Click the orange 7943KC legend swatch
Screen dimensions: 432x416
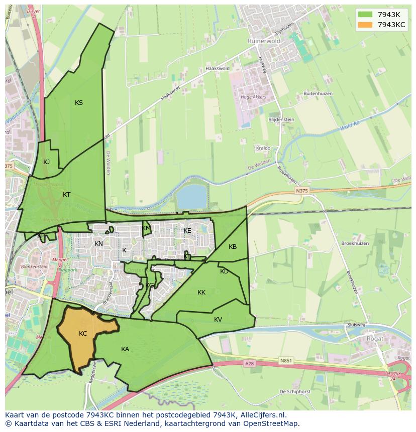pyautogui.click(x=365, y=25)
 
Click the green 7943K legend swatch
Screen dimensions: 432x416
pyautogui.click(x=365, y=14)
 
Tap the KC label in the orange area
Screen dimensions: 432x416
pyautogui.click(x=83, y=333)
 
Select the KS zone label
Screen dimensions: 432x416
pyautogui.click(x=79, y=103)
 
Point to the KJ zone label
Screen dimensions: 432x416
pyautogui.click(x=46, y=162)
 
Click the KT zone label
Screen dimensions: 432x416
pyautogui.click(x=66, y=194)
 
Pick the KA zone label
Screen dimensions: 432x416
pyautogui.click(x=125, y=349)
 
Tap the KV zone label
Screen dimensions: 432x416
pyautogui.click(x=218, y=319)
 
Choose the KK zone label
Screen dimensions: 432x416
pyautogui.click(x=201, y=292)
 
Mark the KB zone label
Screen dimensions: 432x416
pyautogui.click(x=233, y=246)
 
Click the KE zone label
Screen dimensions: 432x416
pyautogui.click(x=187, y=230)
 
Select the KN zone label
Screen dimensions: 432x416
pyautogui.click(x=98, y=243)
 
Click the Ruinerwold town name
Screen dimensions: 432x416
pyautogui.click(x=263, y=41)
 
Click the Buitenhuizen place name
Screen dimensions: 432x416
pyautogui.click(x=317, y=93)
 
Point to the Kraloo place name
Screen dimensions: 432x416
pyautogui.click(x=263, y=148)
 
